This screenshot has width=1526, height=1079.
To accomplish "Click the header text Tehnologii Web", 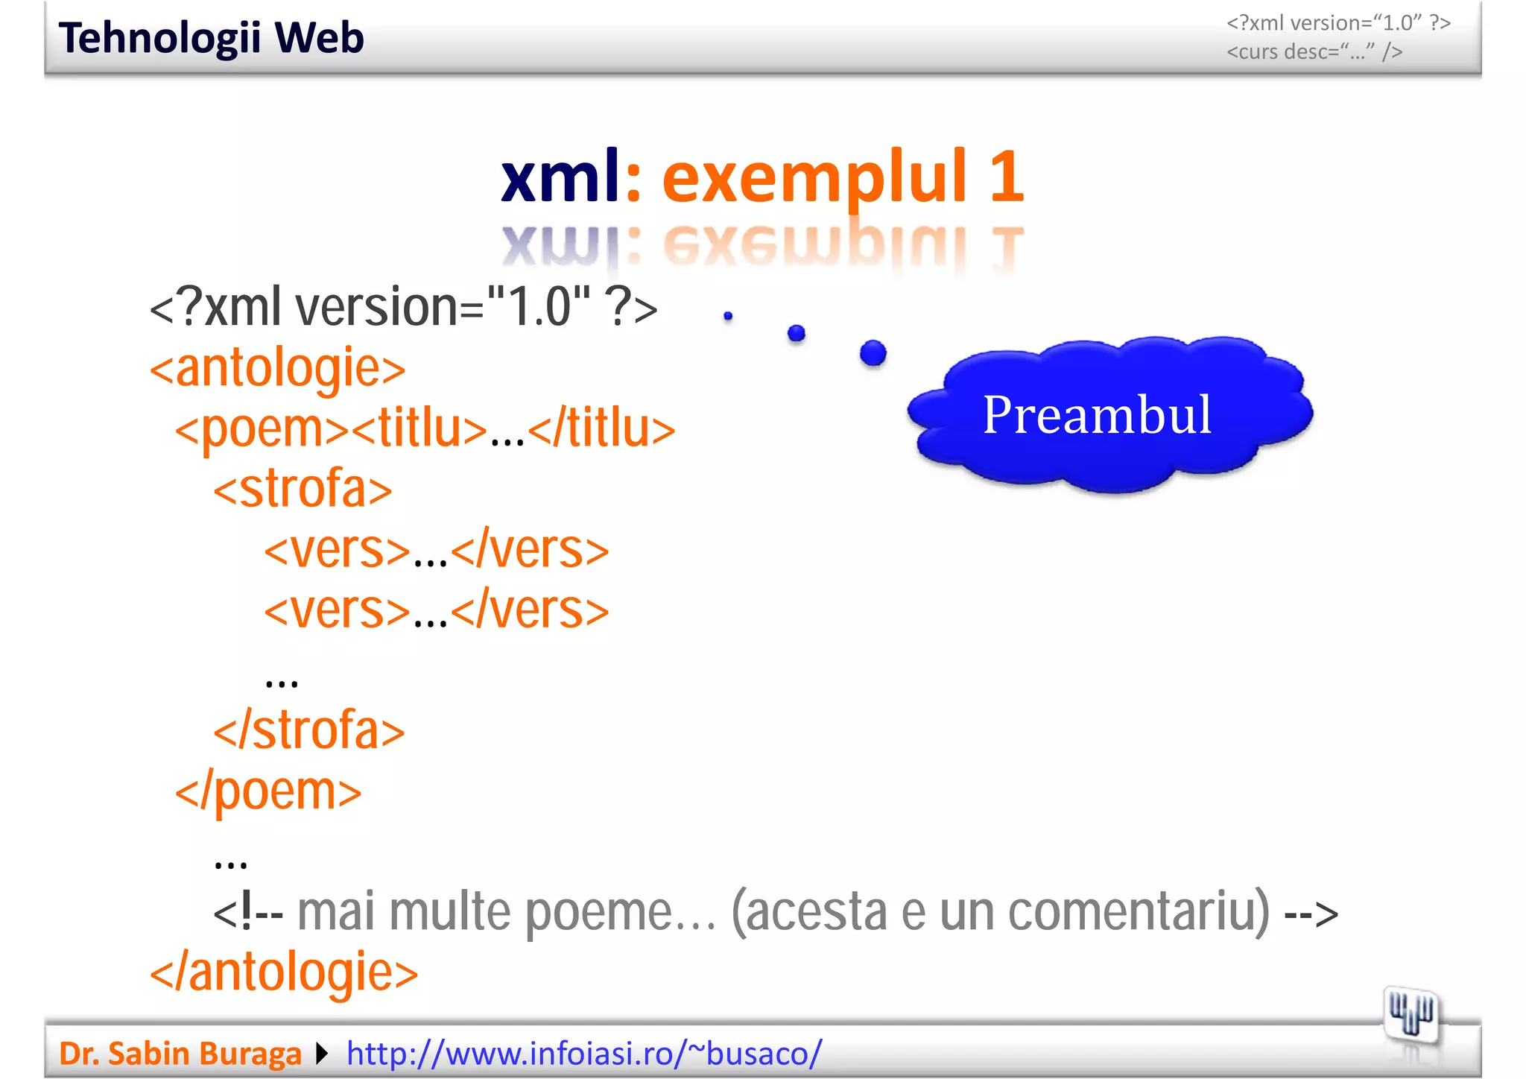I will [x=211, y=38].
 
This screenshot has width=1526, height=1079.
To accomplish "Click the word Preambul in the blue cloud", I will [x=1097, y=414].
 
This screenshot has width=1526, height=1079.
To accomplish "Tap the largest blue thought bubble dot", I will [x=873, y=352].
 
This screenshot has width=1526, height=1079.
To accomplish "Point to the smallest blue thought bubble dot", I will [x=728, y=316].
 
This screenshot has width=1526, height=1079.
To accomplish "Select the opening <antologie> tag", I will [x=277, y=368].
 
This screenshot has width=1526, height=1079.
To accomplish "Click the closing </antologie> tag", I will [x=284, y=972].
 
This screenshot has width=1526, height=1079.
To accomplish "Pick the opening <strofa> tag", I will [x=303, y=490].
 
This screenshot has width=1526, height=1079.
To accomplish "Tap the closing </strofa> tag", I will [x=308, y=731].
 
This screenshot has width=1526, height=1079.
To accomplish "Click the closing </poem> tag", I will [x=268, y=791].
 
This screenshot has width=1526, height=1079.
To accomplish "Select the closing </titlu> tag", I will [x=601, y=429].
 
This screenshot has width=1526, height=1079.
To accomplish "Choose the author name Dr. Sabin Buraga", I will [x=180, y=1054].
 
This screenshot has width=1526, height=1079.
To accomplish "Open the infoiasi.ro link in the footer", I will [x=584, y=1054].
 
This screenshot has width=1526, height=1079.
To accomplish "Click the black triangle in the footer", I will [x=322, y=1054].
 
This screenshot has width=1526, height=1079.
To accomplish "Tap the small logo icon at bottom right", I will [x=1411, y=1013].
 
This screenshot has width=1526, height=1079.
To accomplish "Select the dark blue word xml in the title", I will [x=560, y=177].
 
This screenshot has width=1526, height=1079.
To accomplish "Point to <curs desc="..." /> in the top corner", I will [x=1314, y=52].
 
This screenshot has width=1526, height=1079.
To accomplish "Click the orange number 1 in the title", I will [x=1007, y=177].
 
